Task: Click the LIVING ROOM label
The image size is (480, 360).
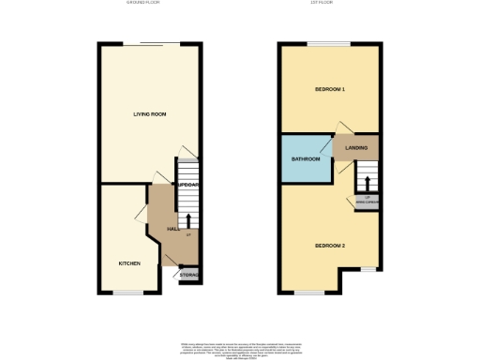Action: click(x=148, y=114)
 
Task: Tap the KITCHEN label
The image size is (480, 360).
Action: click(x=129, y=263)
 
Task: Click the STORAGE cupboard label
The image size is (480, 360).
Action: click(x=189, y=276)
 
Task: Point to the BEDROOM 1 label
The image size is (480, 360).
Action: click(x=330, y=89)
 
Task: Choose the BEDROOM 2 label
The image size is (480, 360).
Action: click(x=330, y=246)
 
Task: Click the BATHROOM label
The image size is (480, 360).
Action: click(x=306, y=159)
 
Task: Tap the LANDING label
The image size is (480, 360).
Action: click(x=356, y=148)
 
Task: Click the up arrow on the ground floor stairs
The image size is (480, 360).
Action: click(x=188, y=221)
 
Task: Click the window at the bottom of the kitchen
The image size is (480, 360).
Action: click(x=128, y=292)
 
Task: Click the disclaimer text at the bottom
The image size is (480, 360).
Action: click(x=241, y=348)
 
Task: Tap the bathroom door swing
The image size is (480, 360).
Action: click(x=327, y=145)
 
